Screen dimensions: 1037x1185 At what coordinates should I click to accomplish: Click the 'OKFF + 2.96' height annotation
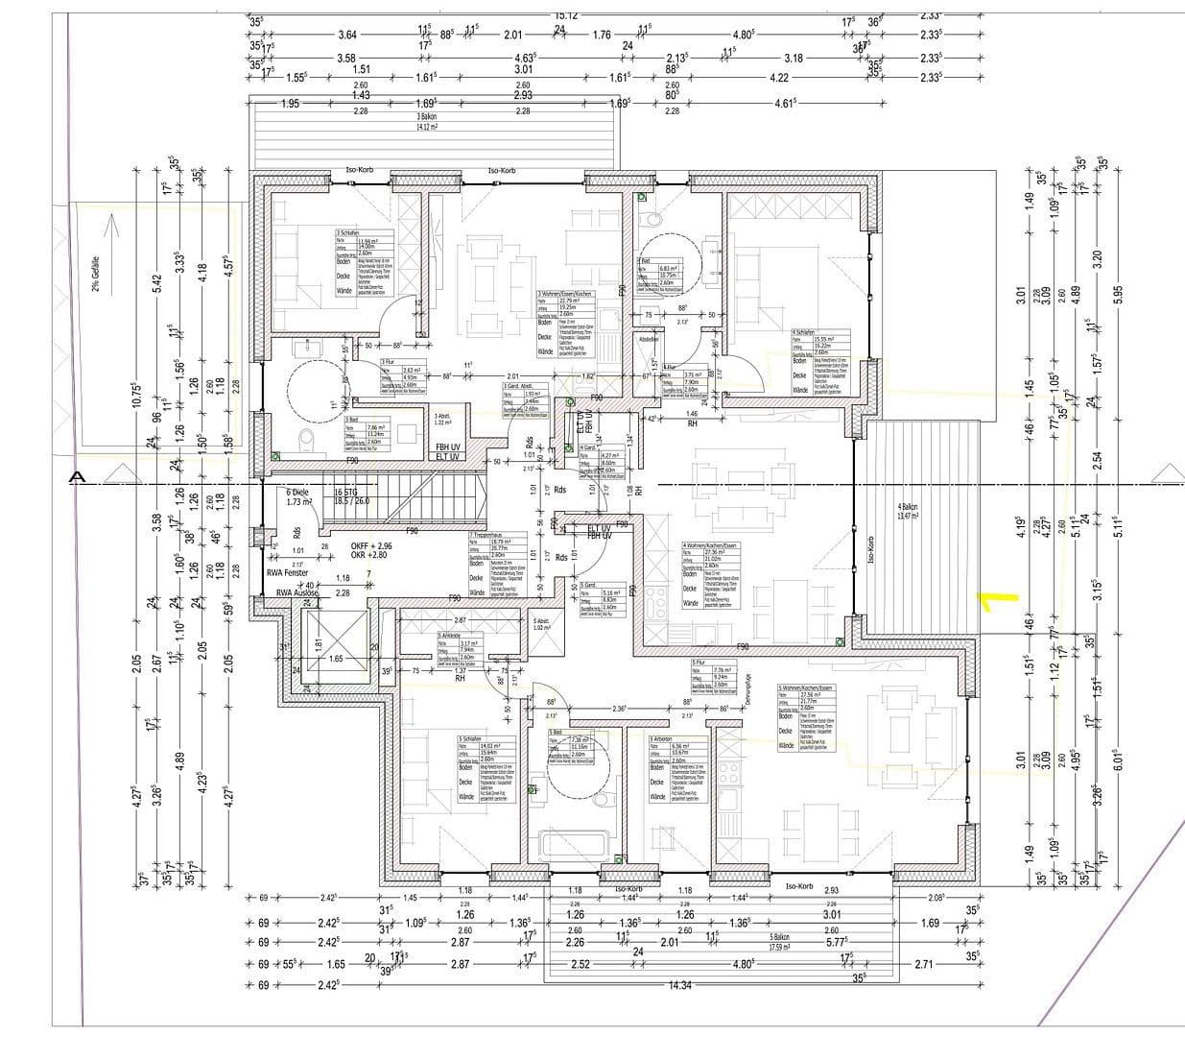tap(371, 545)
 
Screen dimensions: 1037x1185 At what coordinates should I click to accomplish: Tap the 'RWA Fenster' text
tap(289, 572)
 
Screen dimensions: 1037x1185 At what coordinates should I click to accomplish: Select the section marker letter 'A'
tap(78, 477)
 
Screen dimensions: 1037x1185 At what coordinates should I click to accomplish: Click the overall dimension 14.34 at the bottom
tap(680, 985)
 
